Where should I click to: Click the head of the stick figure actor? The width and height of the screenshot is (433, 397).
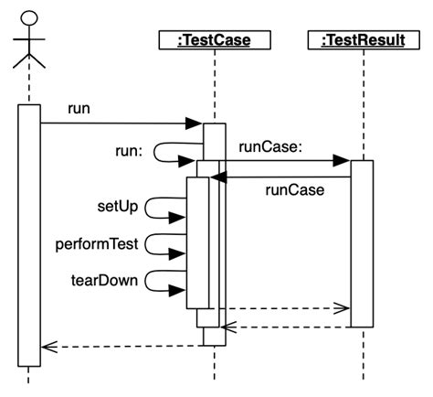(29, 17)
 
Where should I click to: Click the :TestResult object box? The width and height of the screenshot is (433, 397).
(363, 39)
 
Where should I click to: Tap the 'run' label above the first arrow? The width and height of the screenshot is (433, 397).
(79, 110)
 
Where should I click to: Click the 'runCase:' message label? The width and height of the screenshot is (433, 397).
(266, 146)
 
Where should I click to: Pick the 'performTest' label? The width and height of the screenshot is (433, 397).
(96, 244)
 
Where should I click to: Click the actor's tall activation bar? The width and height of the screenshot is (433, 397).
(28, 233)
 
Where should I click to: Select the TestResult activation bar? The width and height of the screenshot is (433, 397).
(362, 242)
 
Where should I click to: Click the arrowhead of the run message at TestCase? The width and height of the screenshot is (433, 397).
(194, 123)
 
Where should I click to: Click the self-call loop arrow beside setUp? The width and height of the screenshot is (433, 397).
(164, 208)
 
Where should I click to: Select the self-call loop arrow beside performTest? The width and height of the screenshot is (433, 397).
(164, 245)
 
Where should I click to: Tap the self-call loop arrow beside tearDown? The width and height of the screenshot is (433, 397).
(164, 282)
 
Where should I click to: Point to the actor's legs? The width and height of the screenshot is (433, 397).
(29, 61)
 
